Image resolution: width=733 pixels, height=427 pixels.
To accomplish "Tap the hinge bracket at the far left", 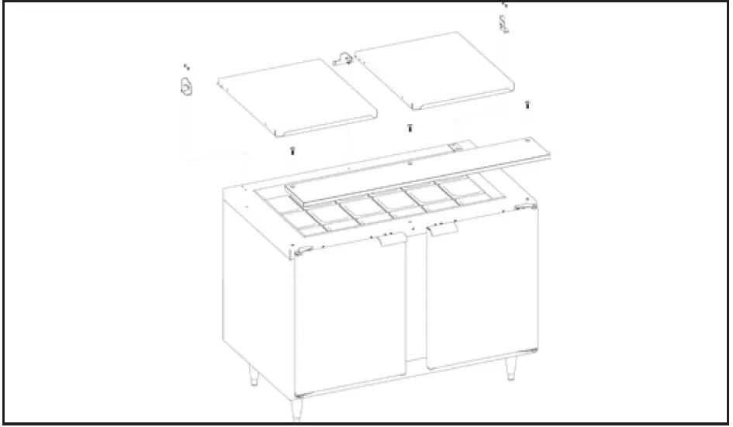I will tap(185, 88).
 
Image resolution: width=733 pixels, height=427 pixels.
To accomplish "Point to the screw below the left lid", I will tap(292, 151).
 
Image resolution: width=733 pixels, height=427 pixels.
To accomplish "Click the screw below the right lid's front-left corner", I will tap(410, 128).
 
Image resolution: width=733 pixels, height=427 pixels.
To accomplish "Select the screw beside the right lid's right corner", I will tap(527, 105).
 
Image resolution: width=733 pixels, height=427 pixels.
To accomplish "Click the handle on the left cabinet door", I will tap(392, 242).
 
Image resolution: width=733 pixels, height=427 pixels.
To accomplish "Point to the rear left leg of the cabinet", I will tap(253, 378).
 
